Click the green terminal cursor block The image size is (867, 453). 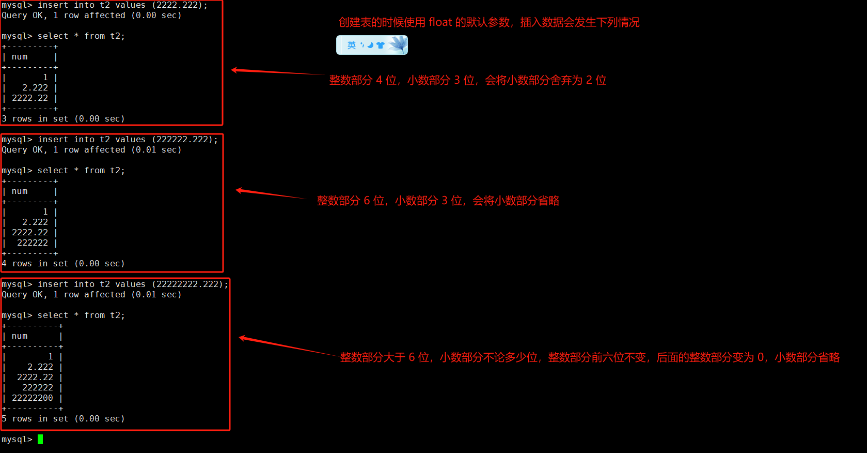click(x=40, y=439)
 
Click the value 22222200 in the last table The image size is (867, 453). click(x=32, y=398)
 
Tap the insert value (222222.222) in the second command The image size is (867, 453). click(x=184, y=140)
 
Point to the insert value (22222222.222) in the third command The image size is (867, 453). click(x=190, y=284)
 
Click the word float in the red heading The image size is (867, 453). click(x=440, y=22)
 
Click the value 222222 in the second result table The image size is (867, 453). click(x=32, y=243)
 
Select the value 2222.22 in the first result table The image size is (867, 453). click(x=30, y=98)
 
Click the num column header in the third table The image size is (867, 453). click(x=20, y=336)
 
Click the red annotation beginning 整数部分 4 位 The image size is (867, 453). click(x=468, y=80)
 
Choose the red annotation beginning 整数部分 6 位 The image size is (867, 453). click(x=438, y=201)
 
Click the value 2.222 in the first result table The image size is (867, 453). click(x=35, y=88)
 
